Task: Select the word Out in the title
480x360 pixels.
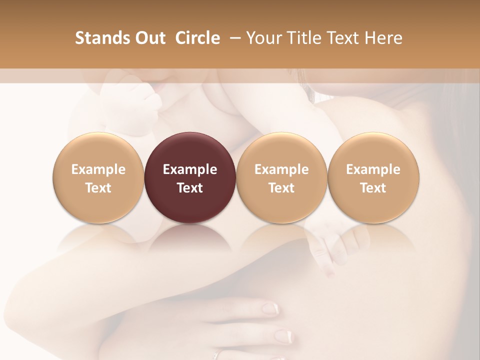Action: (149, 38)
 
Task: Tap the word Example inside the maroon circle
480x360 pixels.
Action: (189, 169)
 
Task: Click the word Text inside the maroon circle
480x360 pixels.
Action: (189, 188)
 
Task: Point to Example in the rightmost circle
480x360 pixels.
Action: (373, 169)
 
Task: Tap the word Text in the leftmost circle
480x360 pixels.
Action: (98, 188)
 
